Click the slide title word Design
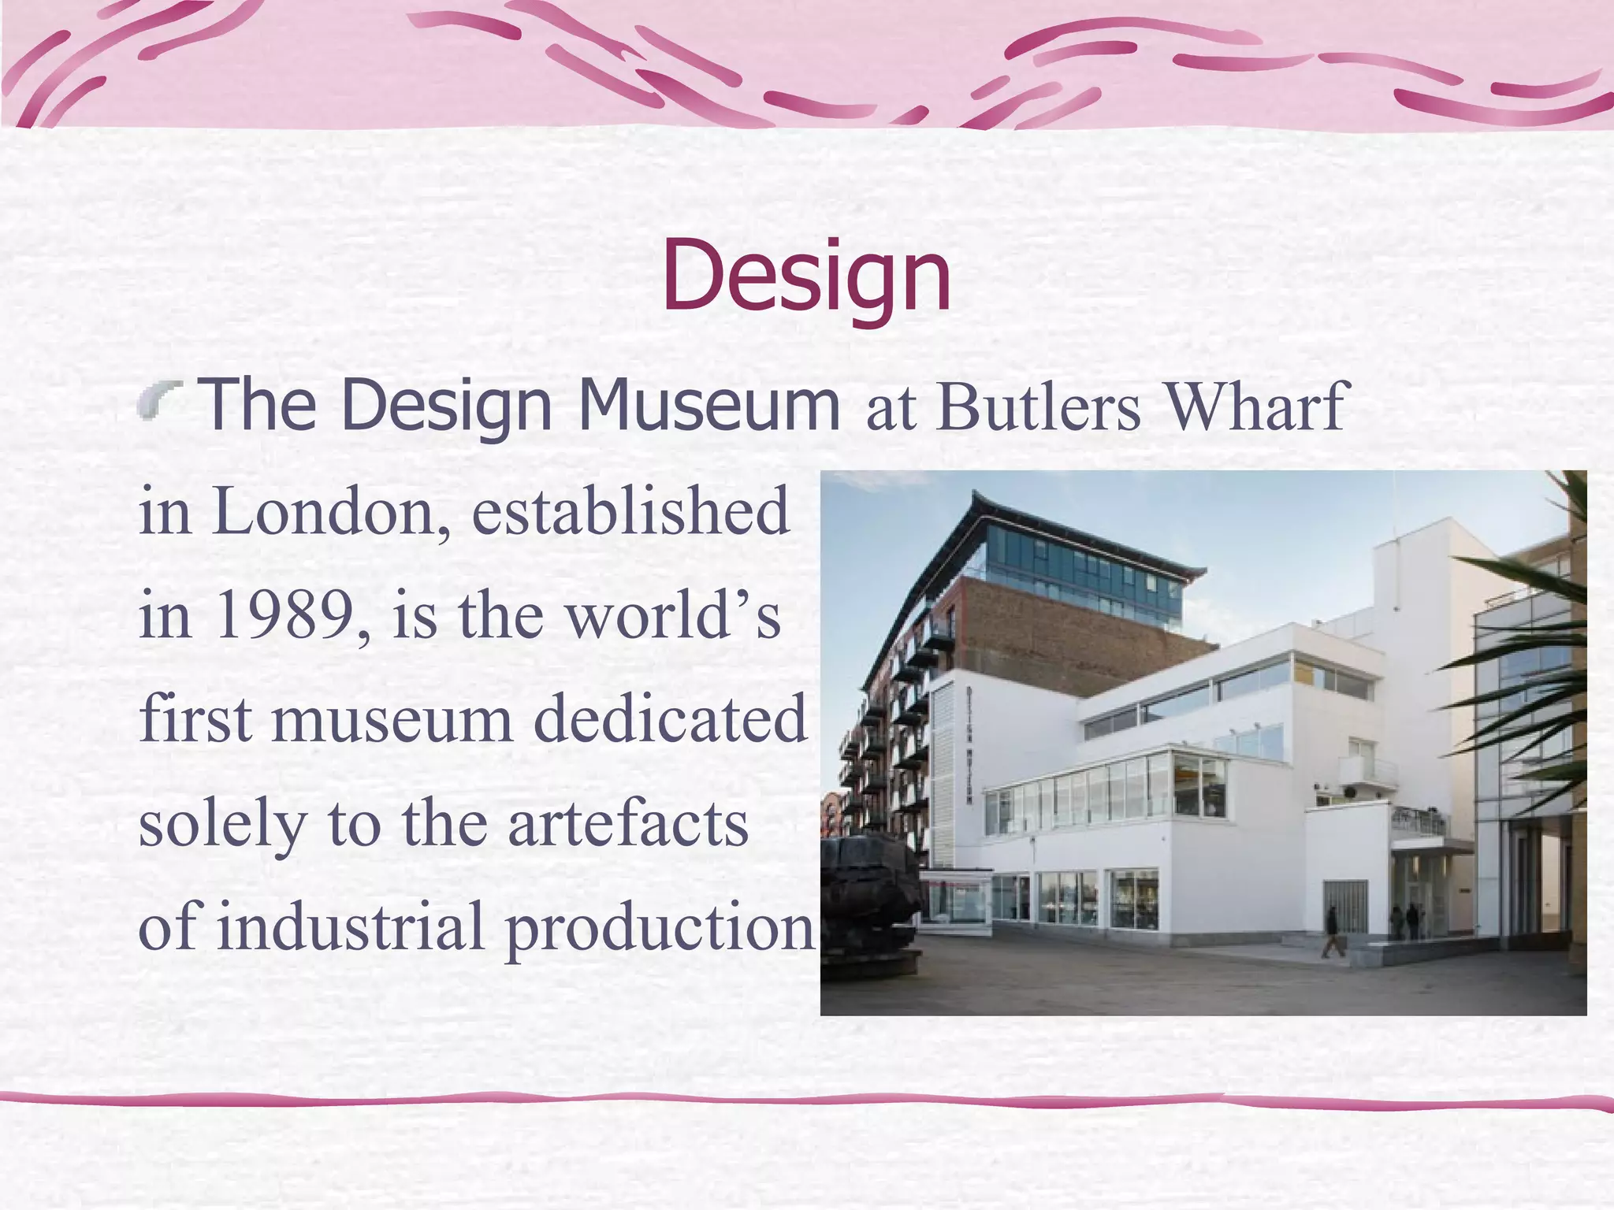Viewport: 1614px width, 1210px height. coord(806,276)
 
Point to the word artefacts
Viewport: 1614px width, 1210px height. coord(627,823)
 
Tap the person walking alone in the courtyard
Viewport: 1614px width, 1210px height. coord(1331,932)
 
